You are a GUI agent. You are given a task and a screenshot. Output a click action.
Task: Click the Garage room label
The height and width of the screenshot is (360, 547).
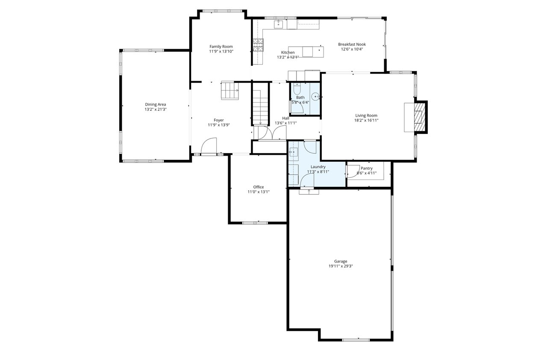(341, 261)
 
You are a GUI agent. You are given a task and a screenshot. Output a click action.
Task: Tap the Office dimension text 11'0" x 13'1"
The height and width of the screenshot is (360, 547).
(259, 192)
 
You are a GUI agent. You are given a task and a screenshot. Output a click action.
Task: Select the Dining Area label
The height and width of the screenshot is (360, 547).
(155, 104)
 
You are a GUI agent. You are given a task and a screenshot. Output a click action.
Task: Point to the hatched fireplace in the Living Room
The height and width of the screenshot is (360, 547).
(420, 117)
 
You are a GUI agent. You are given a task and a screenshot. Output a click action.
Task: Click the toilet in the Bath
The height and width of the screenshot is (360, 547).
(297, 89)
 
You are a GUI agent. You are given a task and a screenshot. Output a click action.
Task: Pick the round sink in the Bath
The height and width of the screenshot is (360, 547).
(315, 97)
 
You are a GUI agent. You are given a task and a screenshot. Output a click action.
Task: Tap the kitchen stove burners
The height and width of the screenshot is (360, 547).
(258, 45)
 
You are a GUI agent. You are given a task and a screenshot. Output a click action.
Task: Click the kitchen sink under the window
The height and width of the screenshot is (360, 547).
(278, 24)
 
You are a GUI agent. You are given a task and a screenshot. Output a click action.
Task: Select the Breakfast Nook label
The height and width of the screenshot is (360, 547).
(352, 44)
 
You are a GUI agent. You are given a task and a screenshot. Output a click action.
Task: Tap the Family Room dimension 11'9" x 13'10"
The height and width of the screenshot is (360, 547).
(221, 51)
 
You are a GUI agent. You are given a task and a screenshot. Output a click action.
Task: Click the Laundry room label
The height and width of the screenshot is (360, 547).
(318, 167)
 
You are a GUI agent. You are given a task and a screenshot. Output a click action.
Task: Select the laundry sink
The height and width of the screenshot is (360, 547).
(293, 152)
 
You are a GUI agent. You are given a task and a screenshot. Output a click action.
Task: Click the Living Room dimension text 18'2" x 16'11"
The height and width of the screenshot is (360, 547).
(366, 120)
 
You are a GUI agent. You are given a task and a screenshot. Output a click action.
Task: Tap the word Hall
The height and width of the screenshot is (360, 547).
(285, 118)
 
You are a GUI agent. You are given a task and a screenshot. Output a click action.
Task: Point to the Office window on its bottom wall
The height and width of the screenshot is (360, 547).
(255, 223)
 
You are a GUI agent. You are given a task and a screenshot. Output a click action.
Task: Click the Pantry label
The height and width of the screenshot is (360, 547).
(367, 168)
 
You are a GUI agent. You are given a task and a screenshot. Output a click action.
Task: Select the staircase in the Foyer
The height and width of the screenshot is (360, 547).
(229, 90)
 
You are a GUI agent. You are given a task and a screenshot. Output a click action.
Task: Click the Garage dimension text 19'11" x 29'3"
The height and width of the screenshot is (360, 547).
(341, 266)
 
